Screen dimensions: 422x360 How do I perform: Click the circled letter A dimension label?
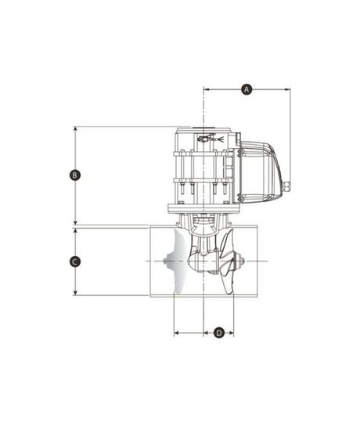(247, 89)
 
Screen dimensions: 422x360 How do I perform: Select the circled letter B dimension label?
(74, 175)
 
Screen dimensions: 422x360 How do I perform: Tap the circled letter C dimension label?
(74, 261)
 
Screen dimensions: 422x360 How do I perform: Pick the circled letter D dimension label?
(219, 333)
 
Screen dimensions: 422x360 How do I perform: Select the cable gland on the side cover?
(286, 186)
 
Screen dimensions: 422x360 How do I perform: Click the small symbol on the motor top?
(204, 139)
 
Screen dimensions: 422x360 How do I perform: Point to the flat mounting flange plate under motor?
(203, 208)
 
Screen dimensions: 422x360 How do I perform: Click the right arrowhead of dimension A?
(287, 89)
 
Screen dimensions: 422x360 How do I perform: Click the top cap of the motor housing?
(204, 129)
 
